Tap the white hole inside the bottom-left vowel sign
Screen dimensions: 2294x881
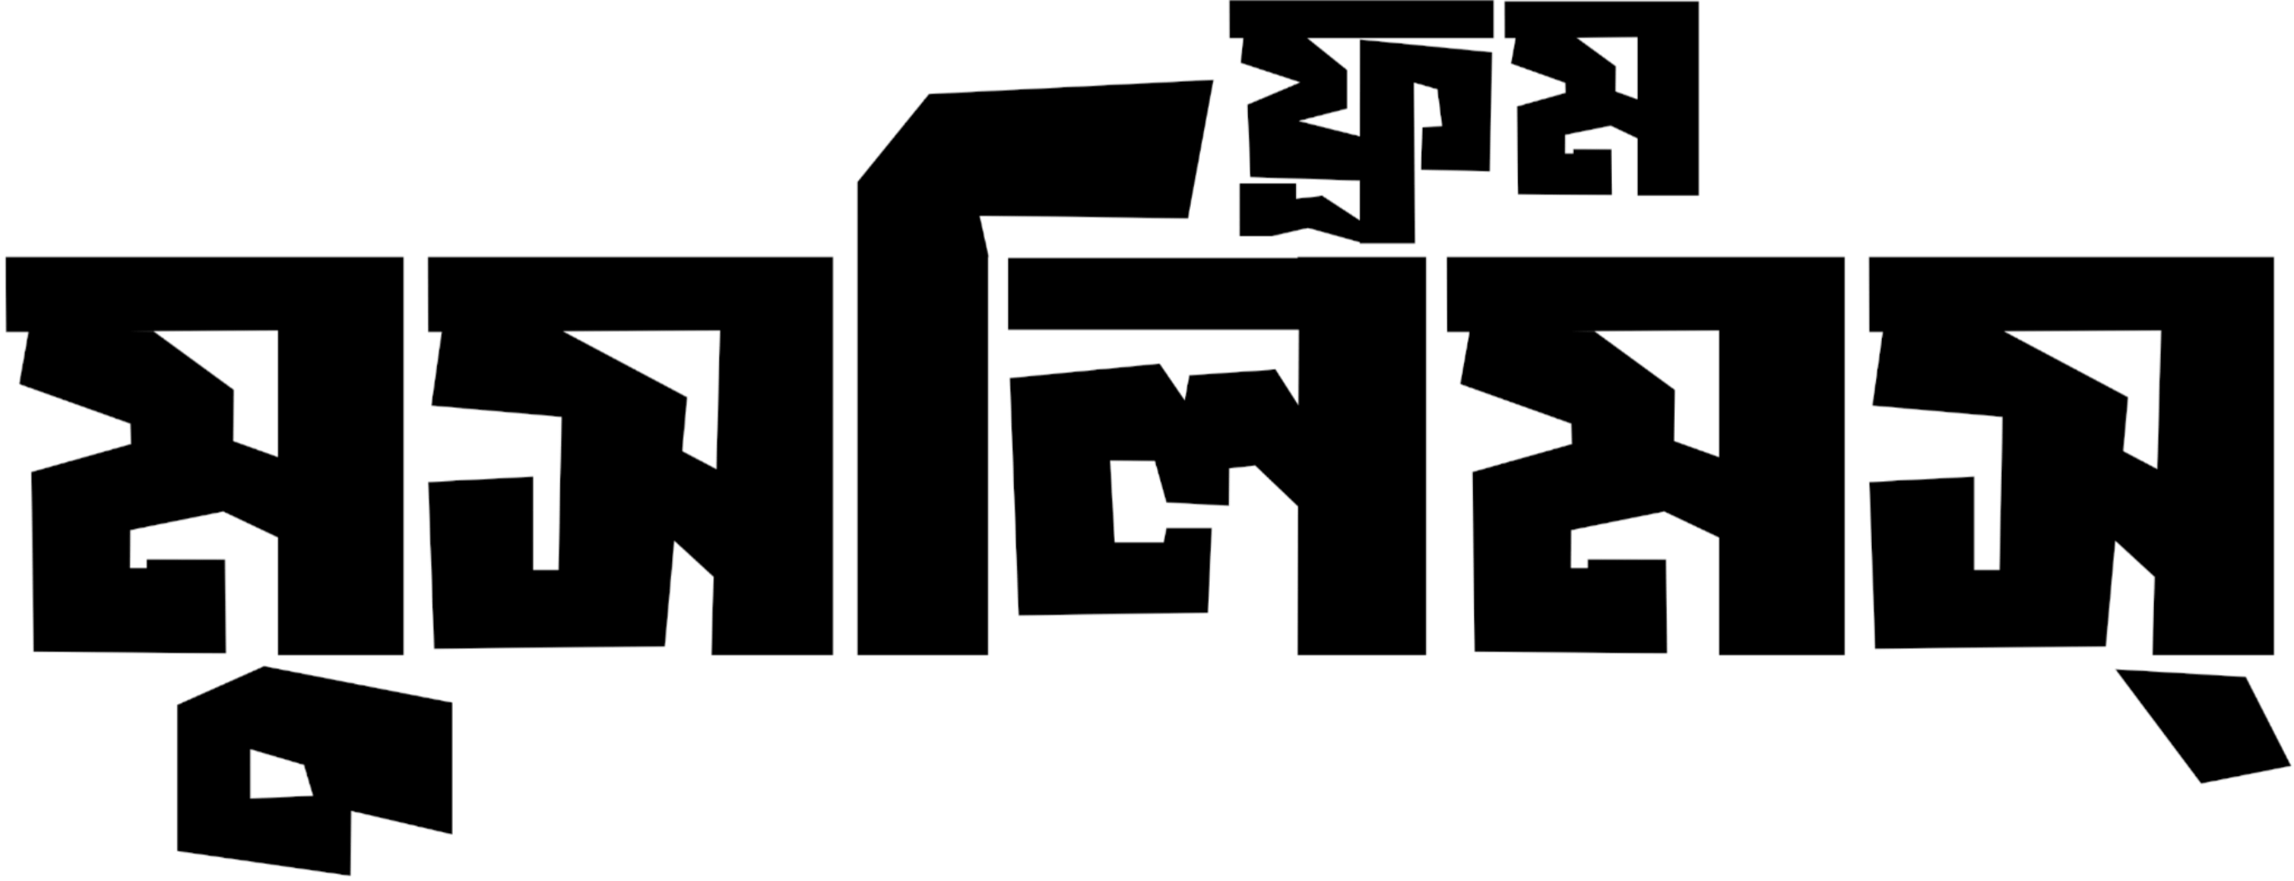coord(279,776)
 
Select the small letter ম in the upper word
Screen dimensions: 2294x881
coord(1603,98)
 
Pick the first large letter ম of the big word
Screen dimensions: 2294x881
coord(205,455)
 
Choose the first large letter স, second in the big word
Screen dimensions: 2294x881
coord(631,455)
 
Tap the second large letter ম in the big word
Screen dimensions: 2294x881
coord(1646,455)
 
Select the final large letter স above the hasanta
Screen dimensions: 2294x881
coord(2071,455)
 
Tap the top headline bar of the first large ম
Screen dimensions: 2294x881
coord(205,294)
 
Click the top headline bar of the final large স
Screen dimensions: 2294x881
coord(2071,294)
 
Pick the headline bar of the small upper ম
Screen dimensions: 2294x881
coord(1602,19)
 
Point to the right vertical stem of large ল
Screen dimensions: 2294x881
coord(1362,455)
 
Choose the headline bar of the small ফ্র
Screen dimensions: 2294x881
coord(1361,19)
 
